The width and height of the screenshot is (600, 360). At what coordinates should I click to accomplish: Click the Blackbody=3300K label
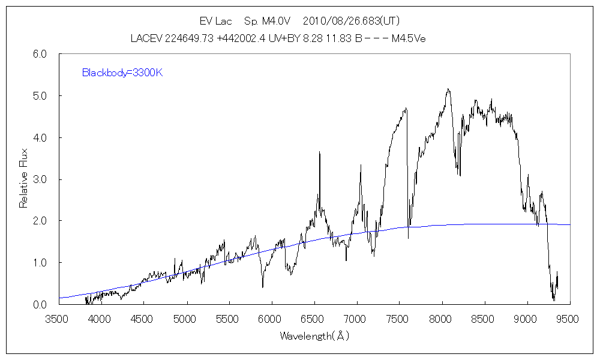(122, 73)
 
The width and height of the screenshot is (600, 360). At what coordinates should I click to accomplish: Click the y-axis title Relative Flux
(24, 179)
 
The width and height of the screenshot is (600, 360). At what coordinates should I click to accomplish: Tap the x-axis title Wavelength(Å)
(314, 336)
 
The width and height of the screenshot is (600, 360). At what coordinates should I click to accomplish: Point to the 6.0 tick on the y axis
(40, 54)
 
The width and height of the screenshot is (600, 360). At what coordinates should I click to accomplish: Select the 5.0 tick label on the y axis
(40, 96)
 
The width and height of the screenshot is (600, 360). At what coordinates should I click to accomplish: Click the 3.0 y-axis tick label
(40, 179)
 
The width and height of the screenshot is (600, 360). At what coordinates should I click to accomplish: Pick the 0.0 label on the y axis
(40, 305)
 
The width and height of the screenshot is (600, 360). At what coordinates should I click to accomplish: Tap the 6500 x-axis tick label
(314, 319)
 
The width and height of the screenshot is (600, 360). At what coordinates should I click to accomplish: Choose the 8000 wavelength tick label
(442, 319)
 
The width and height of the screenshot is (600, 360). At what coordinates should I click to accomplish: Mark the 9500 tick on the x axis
(569, 319)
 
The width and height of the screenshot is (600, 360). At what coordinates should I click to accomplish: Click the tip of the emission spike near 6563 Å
(319, 152)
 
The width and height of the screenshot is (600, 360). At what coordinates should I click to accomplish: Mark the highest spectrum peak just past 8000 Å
(448, 89)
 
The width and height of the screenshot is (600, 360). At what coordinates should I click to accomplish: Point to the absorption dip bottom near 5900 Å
(262, 287)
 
